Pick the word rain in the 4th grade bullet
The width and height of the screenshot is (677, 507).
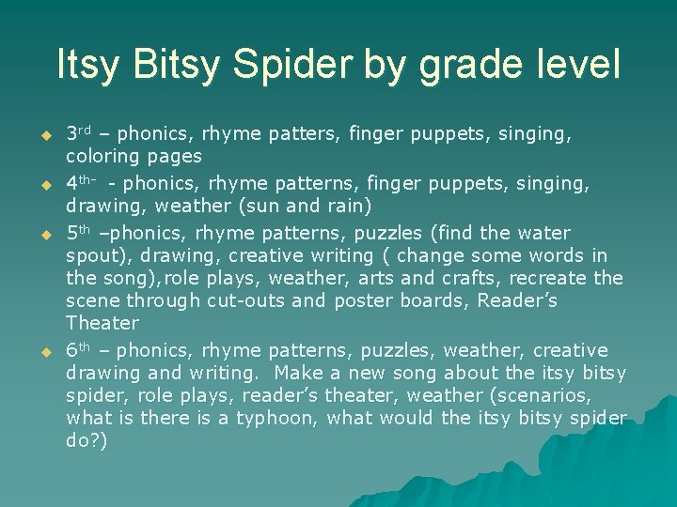point(349,206)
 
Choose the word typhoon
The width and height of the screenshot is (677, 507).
point(273,418)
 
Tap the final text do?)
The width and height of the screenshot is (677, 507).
point(87,440)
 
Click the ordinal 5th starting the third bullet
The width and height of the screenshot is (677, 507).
point(81,232)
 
